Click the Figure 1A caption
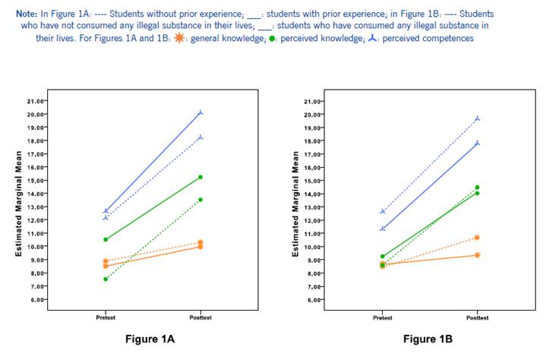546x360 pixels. coord(150,339)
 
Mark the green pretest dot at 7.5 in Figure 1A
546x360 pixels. coord(106,279)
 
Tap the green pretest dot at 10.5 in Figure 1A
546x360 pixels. coord(106,240)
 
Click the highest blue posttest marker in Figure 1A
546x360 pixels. coord(200,112)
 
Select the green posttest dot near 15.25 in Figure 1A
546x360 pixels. coord(200,177)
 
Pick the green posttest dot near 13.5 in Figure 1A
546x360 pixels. coord(200,200)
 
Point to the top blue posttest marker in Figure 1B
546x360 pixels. coord(478,118)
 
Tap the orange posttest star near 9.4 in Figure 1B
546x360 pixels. coord(478,255)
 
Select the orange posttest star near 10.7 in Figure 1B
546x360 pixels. coord(478,238)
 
